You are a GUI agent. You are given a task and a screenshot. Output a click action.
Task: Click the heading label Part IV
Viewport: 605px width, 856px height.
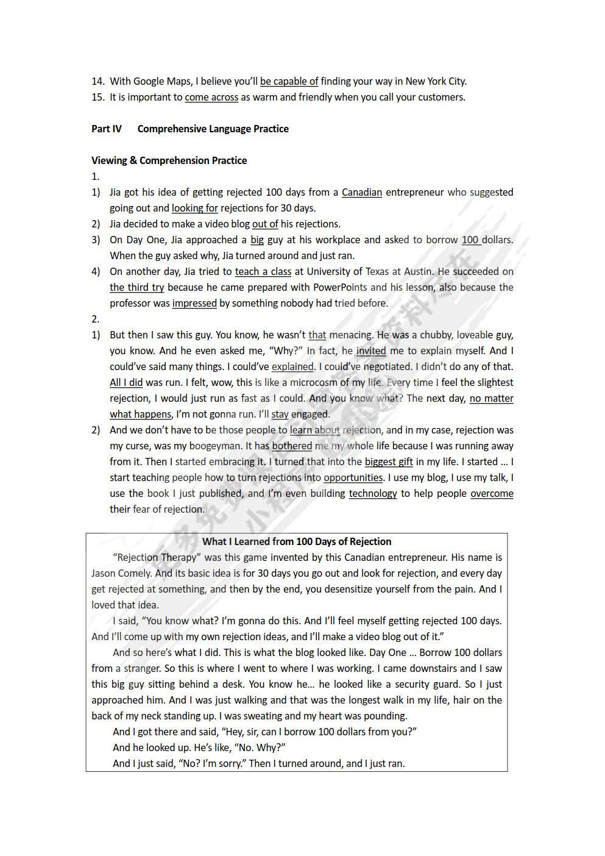click(107, 129)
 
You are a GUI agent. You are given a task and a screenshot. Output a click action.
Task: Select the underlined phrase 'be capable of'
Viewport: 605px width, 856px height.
click(289, 81)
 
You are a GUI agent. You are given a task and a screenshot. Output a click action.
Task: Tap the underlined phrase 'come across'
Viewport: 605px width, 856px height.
click(211, 97)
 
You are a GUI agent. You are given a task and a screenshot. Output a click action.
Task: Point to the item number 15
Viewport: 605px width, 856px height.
click(97, 97)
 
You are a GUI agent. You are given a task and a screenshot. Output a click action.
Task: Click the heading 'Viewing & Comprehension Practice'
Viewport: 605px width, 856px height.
click(169, 160)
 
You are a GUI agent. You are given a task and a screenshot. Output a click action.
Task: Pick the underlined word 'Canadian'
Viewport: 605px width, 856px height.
click(362, 192)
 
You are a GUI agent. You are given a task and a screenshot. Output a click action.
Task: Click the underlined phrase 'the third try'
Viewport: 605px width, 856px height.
click(136, 287)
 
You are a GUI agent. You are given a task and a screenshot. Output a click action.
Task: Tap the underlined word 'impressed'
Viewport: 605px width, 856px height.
click(194, 303)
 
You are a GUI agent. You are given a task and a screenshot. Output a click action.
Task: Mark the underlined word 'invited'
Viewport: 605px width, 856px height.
click(371, 351)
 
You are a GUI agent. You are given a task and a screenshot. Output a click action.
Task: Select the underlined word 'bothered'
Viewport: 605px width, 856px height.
click(292, 446)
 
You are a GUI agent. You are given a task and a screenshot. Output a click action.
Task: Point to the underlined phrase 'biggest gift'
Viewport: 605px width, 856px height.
click(389, 462)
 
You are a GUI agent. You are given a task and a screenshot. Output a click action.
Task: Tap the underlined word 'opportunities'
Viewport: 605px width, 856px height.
click(353, 477)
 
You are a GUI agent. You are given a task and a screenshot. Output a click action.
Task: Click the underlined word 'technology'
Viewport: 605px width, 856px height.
click(373, 493)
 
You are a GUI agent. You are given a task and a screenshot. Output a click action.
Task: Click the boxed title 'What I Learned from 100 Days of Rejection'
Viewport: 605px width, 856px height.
click(297, 541)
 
